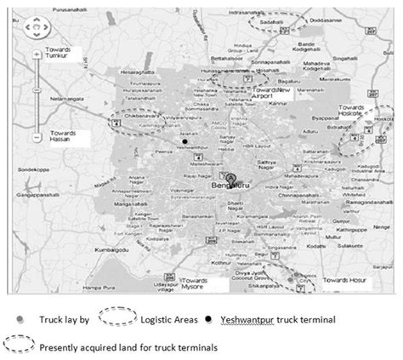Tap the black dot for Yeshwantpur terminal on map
point(182,140)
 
